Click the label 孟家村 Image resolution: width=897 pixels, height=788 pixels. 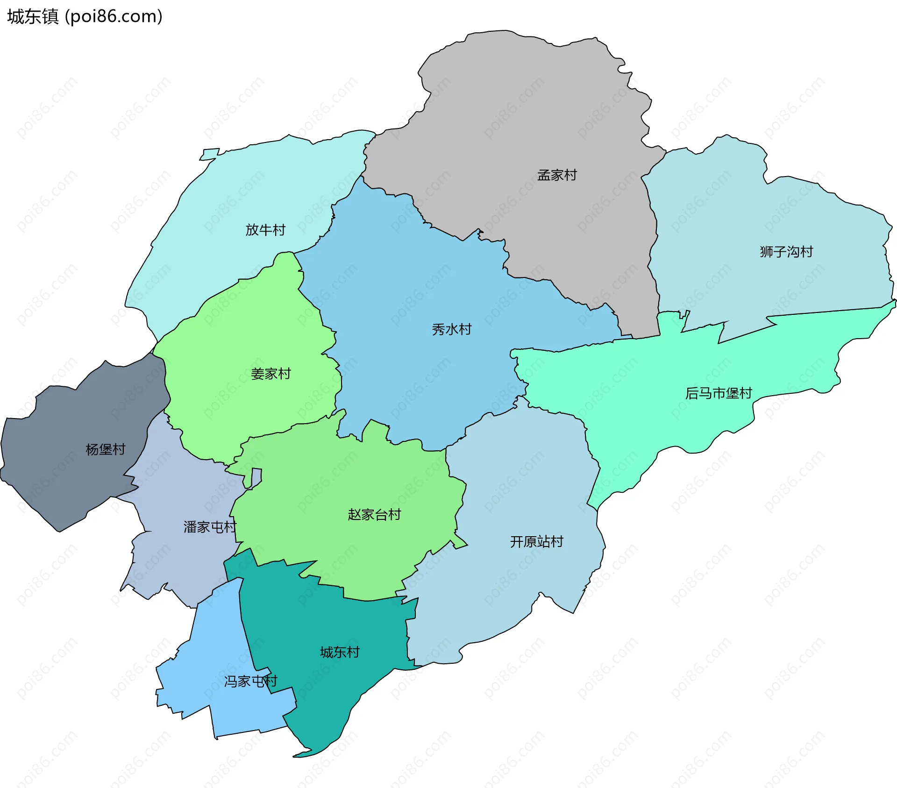pyautogui.click(x=557, y=175)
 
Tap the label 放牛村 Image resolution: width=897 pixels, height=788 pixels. pyautogui.click(x=265, y=230)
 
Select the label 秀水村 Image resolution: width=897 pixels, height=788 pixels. pyautogui.click(x=451, y=329)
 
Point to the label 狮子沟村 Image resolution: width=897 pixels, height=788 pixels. pyautogui.click(x=786, y=252)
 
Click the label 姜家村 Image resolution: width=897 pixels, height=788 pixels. pyautogui.click(x=271, y=374)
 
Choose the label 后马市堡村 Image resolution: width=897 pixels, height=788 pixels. pyautogui.click(x=719, y=393)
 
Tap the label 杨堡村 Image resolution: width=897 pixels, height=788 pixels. pyautogui.click(x=106, y=449)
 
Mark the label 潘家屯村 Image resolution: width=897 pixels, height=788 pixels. pyautogui.click(x=210, y=527)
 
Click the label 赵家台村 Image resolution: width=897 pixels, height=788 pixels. pyautogui.click(x=374, y=514)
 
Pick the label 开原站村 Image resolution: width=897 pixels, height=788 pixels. pyautogui.click(x=536, y=541)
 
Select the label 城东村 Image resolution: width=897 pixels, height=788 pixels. pyautogui.click(x=340, y=652)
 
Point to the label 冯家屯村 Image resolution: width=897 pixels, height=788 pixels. pyautogui.click(x=250, y=681)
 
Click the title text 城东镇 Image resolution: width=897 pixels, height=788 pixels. pyautogui.click(x=33, y=17)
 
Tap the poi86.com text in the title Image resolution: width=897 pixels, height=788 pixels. pyautogui.click(x=114, y=17)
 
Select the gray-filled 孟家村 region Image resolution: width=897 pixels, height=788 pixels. pyautogui.click(x=514, y=117)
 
